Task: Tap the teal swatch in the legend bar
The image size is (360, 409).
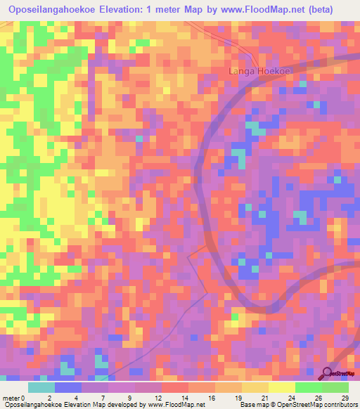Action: (41, 387)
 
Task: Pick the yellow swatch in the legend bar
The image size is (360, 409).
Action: (282, 387)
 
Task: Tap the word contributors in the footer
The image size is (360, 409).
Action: (337, 404)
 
